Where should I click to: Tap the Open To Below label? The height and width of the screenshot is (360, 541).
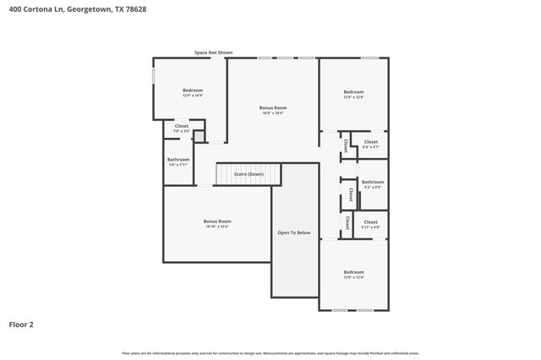tap(294, 232)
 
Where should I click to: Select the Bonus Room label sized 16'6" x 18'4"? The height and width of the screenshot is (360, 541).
tap(272, 108)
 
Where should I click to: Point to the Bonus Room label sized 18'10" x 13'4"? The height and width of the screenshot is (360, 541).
tap(217, 221)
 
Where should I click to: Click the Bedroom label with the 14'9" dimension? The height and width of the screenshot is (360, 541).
tap(193, 90)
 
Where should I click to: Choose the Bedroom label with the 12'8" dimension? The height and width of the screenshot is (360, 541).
tap(353, 92)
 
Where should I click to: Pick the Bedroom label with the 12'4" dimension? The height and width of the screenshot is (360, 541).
tap(353, 273)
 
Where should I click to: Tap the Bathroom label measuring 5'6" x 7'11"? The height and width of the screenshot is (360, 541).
tap(178, 160)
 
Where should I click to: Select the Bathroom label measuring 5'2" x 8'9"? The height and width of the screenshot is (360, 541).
tap(373, 182)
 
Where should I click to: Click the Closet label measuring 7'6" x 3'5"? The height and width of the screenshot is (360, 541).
tap(182, 126)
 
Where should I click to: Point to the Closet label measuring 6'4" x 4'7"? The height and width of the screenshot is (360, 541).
tap(370, 142)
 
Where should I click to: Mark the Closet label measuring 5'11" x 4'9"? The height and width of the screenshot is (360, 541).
tap(370, 222)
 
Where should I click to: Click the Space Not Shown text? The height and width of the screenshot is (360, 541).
tap(213, 52)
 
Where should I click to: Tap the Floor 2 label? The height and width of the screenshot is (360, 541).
tap(21, 324)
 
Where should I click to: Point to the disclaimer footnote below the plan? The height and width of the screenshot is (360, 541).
tap(270, 353)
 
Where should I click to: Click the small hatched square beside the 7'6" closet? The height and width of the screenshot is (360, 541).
tap(199, 136)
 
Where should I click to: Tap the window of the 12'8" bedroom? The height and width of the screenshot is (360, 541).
tap(369, 57)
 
